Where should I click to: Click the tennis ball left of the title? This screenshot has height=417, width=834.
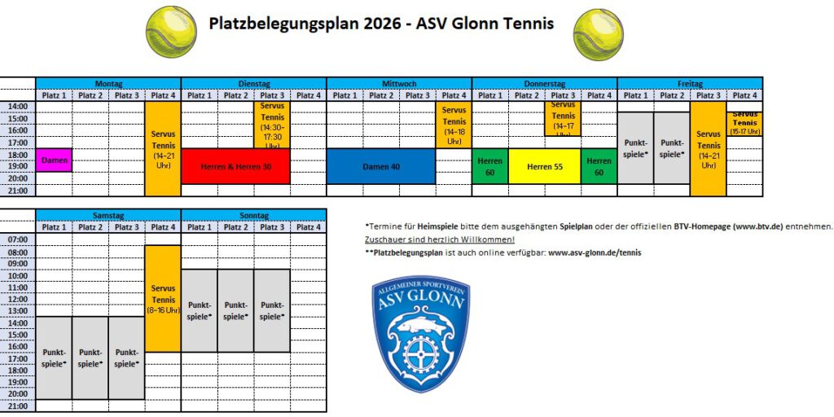[171, 32]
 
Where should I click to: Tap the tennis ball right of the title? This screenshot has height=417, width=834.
[599, 35]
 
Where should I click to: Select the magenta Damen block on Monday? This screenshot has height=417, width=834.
[55, 160]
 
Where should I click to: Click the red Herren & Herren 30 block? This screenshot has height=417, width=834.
[235, 166]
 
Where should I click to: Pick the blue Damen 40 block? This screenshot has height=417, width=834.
[380, 166]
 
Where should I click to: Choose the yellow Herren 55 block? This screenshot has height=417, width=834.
[545, 166]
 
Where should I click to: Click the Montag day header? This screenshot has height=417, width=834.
[108, 83]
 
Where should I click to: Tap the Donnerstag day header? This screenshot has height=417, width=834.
[545, 83]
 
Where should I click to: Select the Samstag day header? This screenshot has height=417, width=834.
[108, 215]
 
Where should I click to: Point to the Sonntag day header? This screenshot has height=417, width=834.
[253, 215]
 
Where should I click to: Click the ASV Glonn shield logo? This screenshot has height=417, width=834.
[420, 333]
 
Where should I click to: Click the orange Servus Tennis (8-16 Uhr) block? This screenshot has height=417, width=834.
[163, 299]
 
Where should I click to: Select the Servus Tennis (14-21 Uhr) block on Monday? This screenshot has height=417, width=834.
[163, 148]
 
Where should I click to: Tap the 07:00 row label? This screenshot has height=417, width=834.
[18, 240]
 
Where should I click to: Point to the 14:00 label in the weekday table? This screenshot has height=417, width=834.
[18, 107]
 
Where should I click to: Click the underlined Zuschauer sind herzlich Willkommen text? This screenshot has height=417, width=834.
[440, 239]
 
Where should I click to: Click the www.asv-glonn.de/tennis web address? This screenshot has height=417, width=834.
[595, 253]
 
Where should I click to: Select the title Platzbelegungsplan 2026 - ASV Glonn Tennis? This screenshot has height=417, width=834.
[381, 24]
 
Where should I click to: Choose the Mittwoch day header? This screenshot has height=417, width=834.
[399, 83]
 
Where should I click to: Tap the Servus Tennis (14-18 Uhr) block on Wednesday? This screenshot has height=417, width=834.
[454, 125]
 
